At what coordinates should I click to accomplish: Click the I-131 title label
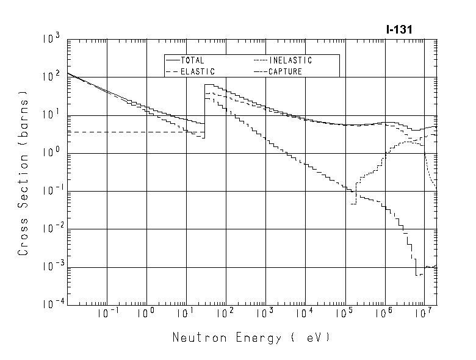(x=400, y=29)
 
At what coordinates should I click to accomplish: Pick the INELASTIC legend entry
(x=283, y=60)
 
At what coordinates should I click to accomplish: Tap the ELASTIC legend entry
(x=189, y=71)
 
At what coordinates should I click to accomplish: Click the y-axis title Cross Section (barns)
(x=23, y=173)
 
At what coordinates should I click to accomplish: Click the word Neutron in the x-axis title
(x=197, y=337)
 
